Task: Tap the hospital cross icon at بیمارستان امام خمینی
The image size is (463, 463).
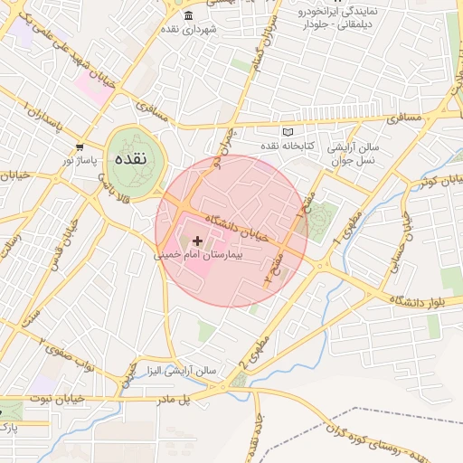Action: tap(198, 240)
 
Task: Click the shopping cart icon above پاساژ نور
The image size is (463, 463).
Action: tap(80, 146)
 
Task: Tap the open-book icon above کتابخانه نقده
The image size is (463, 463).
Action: tap(288, 132)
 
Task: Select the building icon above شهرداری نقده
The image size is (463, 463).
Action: tap(187, 17)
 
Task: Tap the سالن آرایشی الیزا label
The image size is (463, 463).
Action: tap(183, 370)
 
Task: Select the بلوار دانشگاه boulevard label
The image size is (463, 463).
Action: tap(426, 300)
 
